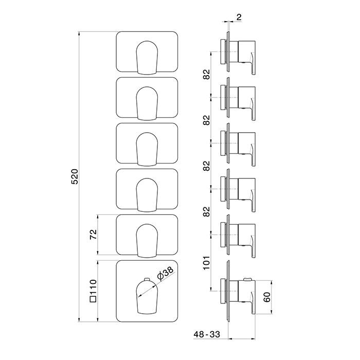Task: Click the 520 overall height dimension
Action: tap(75, 176)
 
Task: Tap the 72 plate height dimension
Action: tap(94, 235)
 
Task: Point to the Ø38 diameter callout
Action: tap(165, 274)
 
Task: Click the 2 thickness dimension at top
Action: tap(239, 17)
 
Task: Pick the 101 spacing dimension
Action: tap(207, 263)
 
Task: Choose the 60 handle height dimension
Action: tap(267, 297)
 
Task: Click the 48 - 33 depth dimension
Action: tap(207, 334)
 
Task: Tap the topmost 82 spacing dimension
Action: tap(207, 74)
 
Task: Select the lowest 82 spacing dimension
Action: tap(207, 211)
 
